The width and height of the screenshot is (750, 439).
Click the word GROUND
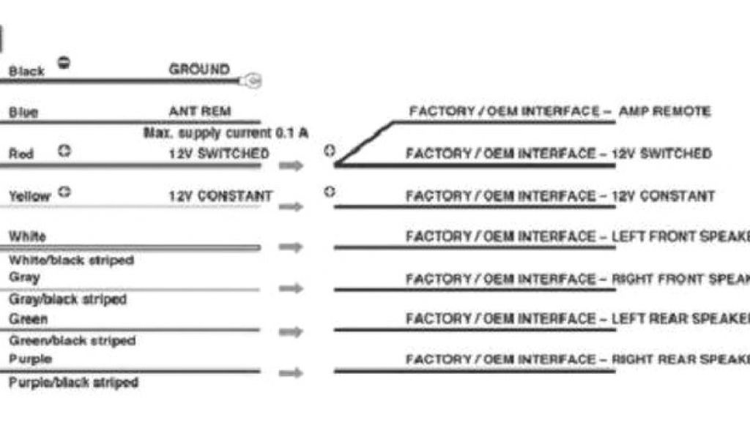click(x=198, y=70)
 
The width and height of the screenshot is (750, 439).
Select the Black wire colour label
click(x=26, y=71)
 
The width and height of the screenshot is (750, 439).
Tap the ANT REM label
click(x=199, y=111)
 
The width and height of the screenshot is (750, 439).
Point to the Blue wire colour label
click(x=23, y=113)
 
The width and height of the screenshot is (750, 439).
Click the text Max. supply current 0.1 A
click(x=226, y=133)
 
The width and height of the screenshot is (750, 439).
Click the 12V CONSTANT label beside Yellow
click(x=220, y=196)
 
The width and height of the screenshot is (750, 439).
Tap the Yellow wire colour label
click(x=29, y=196)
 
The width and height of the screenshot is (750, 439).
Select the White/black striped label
click(x=70, y=260)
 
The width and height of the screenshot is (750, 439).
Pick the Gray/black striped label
click(x=67, y=299)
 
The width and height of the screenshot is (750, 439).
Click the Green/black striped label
click(x=72, y=340)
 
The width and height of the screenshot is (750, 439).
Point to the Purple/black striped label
click(x=73, y=382)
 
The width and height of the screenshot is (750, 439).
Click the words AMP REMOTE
click(x=664, y=111)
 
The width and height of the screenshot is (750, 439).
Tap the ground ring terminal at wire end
click(x=253, y=81)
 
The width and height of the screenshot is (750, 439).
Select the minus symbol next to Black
click(x=64, y=63)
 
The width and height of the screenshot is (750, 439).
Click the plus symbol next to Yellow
click(x=64, y=192)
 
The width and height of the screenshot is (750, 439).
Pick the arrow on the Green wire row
click(x=291, y=331)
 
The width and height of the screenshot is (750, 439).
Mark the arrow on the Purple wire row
click(x=291, y=372)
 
